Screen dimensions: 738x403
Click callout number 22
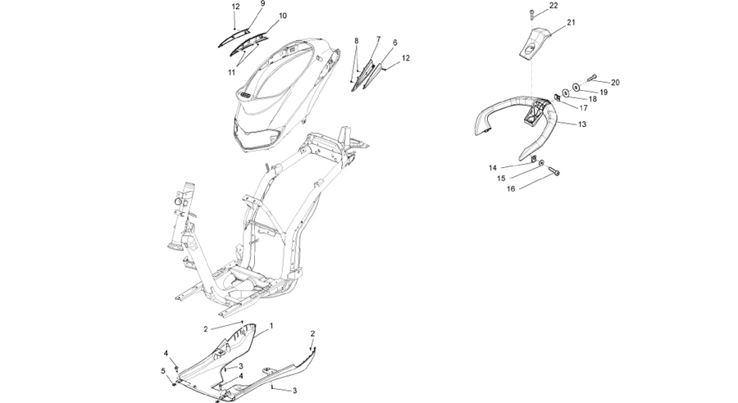click(553, 6)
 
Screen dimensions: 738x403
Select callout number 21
click(571, 22)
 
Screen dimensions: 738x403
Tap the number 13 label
click(582, 125)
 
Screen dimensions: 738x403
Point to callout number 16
click(511, 188)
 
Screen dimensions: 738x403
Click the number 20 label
click(615, 82)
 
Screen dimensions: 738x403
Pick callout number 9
click(262, 3)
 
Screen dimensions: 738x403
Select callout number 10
click(282, 16)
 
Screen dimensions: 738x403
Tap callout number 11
click(231, 72)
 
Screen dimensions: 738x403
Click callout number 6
click(395, 43)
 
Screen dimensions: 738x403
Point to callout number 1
click(271, 325)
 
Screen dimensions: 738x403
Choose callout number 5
click(163, 371)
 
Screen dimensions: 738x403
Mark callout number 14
click(492, 168)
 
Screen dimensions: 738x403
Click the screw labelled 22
click(532, 14)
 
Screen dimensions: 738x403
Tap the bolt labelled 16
click(553, 172)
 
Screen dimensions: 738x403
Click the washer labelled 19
click(576, 87)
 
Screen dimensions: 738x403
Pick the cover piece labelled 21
click(535, 43)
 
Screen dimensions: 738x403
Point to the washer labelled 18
click(566, 93)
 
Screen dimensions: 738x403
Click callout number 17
click(583, 107)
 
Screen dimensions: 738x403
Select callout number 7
click(378, 38)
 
